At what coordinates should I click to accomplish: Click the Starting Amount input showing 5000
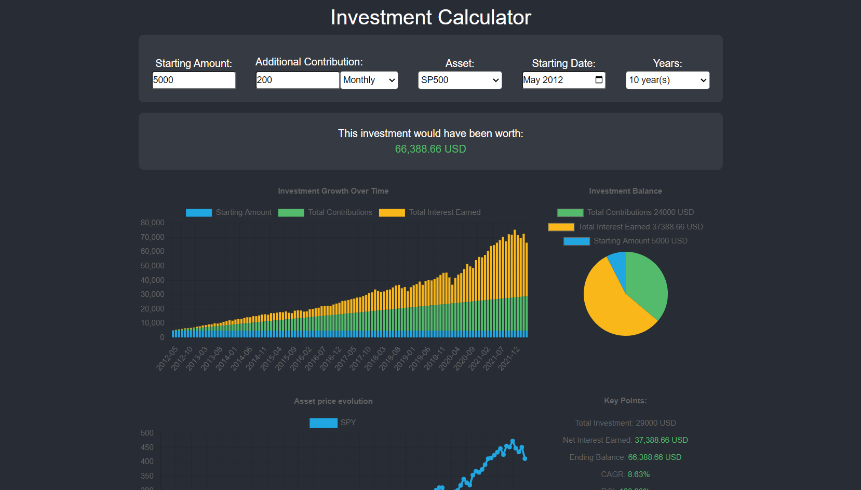(194, 80)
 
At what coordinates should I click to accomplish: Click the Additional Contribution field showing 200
(297, 80)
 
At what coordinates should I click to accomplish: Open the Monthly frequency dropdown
(369, 80)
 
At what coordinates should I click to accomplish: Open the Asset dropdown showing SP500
(460, 80)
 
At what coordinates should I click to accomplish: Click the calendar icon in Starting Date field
(599, 79)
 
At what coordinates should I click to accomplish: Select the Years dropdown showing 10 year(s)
(667, 80)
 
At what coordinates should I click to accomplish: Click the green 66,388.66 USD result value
(430, 149)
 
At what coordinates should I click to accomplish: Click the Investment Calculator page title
(430, 18)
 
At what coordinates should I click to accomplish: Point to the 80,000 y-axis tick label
(152, 223)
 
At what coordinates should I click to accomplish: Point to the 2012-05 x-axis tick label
(167, 358)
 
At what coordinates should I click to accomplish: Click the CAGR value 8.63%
(638, 474)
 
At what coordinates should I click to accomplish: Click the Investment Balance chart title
(625, 191)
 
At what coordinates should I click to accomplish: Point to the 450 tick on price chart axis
(147, 447)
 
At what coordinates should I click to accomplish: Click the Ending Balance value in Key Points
(654, 457)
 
